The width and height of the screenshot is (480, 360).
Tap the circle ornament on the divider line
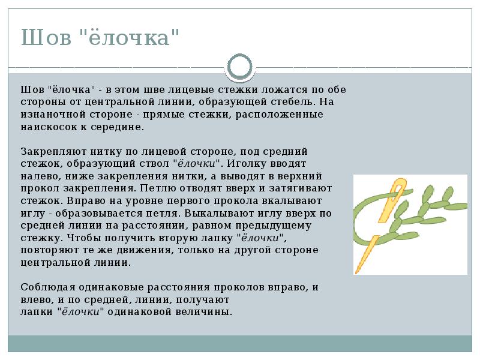(240, 65)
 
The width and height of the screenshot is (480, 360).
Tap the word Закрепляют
(47, 152)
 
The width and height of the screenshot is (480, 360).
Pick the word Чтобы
(71, 238)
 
